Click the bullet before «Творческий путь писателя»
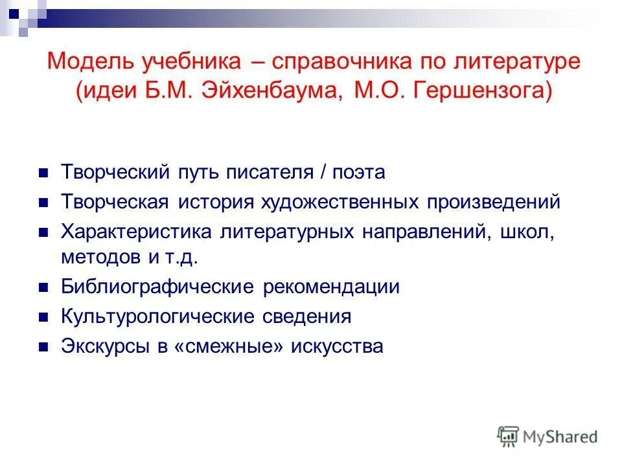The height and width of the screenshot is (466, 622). pyautogui.click(x=43, y=173)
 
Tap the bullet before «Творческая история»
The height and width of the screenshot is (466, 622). pyautogui.click(x=43, y=203)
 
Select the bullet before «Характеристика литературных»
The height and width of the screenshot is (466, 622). pyautogui.click(x=43, y=232)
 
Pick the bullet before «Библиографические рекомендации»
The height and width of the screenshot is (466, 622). pyautogui.click(x=43, y=287)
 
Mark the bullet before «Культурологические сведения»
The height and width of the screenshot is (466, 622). pyautogui.click(x=43, y=317)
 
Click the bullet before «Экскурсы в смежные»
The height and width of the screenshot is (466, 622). pyautogui.click(x=43, y=347)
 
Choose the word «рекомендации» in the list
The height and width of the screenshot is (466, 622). pyautogui.click(x=331, y=287)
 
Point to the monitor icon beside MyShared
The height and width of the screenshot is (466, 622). pyautogui.click(x=509, y=436)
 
